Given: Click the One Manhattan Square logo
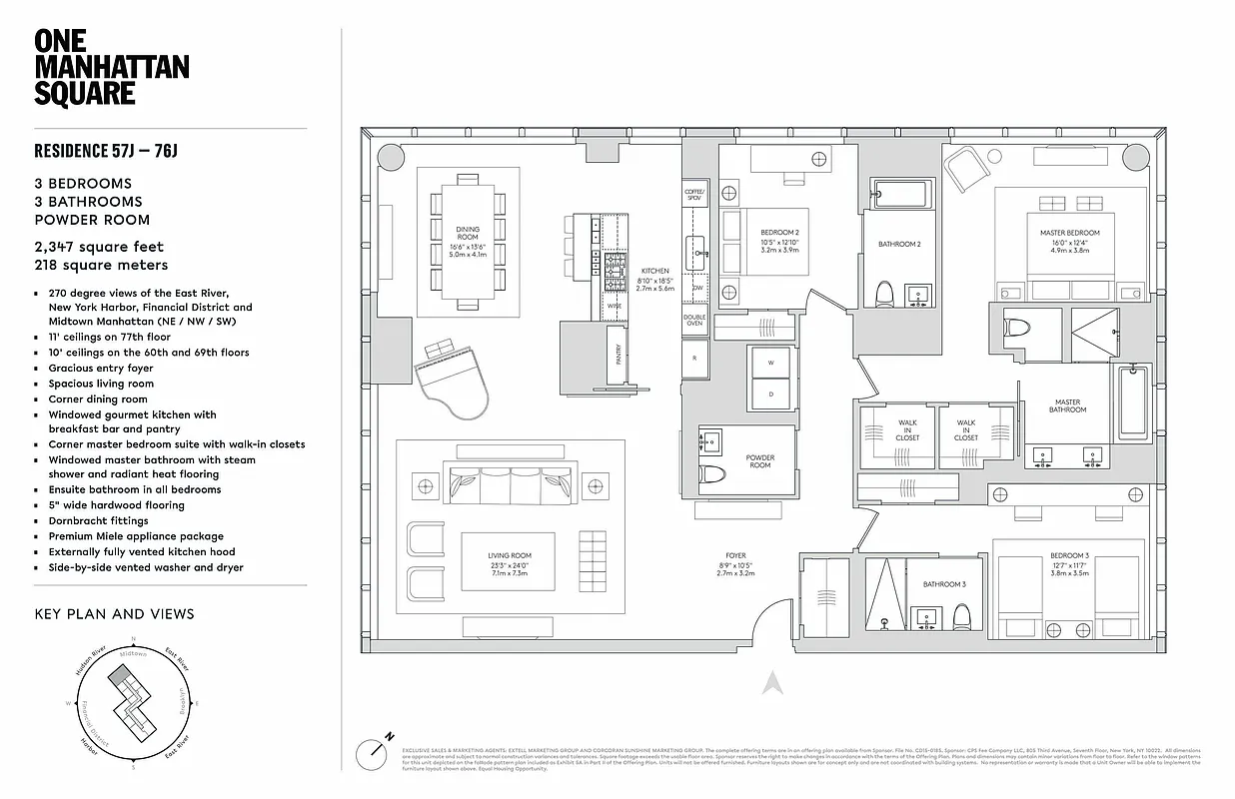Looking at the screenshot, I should click(111, 67).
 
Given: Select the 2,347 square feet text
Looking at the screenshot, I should click(99, 247).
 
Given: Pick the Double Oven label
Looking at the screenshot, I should click(694, 321).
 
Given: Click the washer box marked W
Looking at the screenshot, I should click(771, 364).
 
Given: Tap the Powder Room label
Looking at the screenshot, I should click(760, 461).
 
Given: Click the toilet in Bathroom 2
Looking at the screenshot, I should click(883, 294).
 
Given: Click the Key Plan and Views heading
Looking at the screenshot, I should click(114, 613).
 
